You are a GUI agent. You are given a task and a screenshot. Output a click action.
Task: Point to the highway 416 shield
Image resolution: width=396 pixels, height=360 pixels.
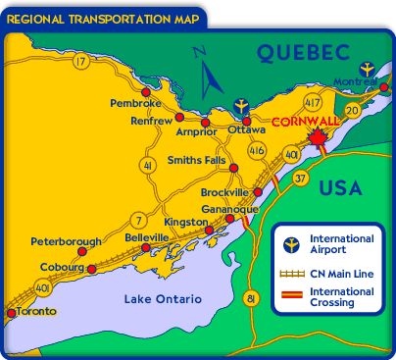point(258,151)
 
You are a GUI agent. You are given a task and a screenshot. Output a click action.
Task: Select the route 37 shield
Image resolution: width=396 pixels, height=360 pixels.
point(301,179)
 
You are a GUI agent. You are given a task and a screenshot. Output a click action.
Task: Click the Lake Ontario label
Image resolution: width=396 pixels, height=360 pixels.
point(162,298)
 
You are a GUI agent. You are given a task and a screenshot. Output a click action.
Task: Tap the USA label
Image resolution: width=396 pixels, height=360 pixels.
point(342,186)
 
